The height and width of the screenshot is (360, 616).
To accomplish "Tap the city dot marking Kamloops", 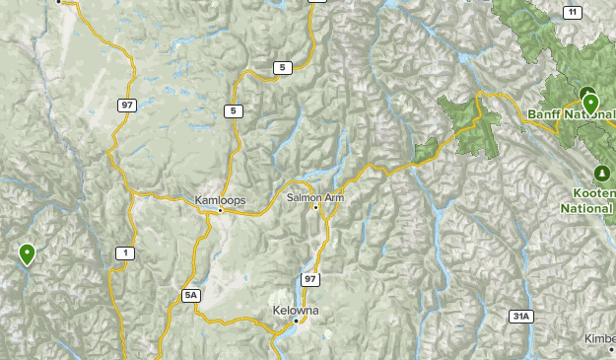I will [220, 210].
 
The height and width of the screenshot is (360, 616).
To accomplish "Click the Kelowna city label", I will [296, 311].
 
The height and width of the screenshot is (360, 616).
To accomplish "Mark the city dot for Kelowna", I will [296, 322].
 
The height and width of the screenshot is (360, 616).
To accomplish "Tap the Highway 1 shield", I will [124, 253].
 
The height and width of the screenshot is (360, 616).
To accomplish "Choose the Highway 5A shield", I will [191, 295].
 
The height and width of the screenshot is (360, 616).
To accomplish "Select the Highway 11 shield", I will [573, 12].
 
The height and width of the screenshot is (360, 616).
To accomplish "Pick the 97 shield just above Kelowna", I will [311, 280].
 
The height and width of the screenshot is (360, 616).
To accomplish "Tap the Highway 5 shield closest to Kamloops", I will [234, 111].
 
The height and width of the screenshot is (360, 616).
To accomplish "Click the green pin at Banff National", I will [590, 103].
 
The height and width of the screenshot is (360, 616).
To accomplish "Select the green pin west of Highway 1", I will [28, 253].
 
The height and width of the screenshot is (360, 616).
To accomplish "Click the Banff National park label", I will [571, 116].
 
